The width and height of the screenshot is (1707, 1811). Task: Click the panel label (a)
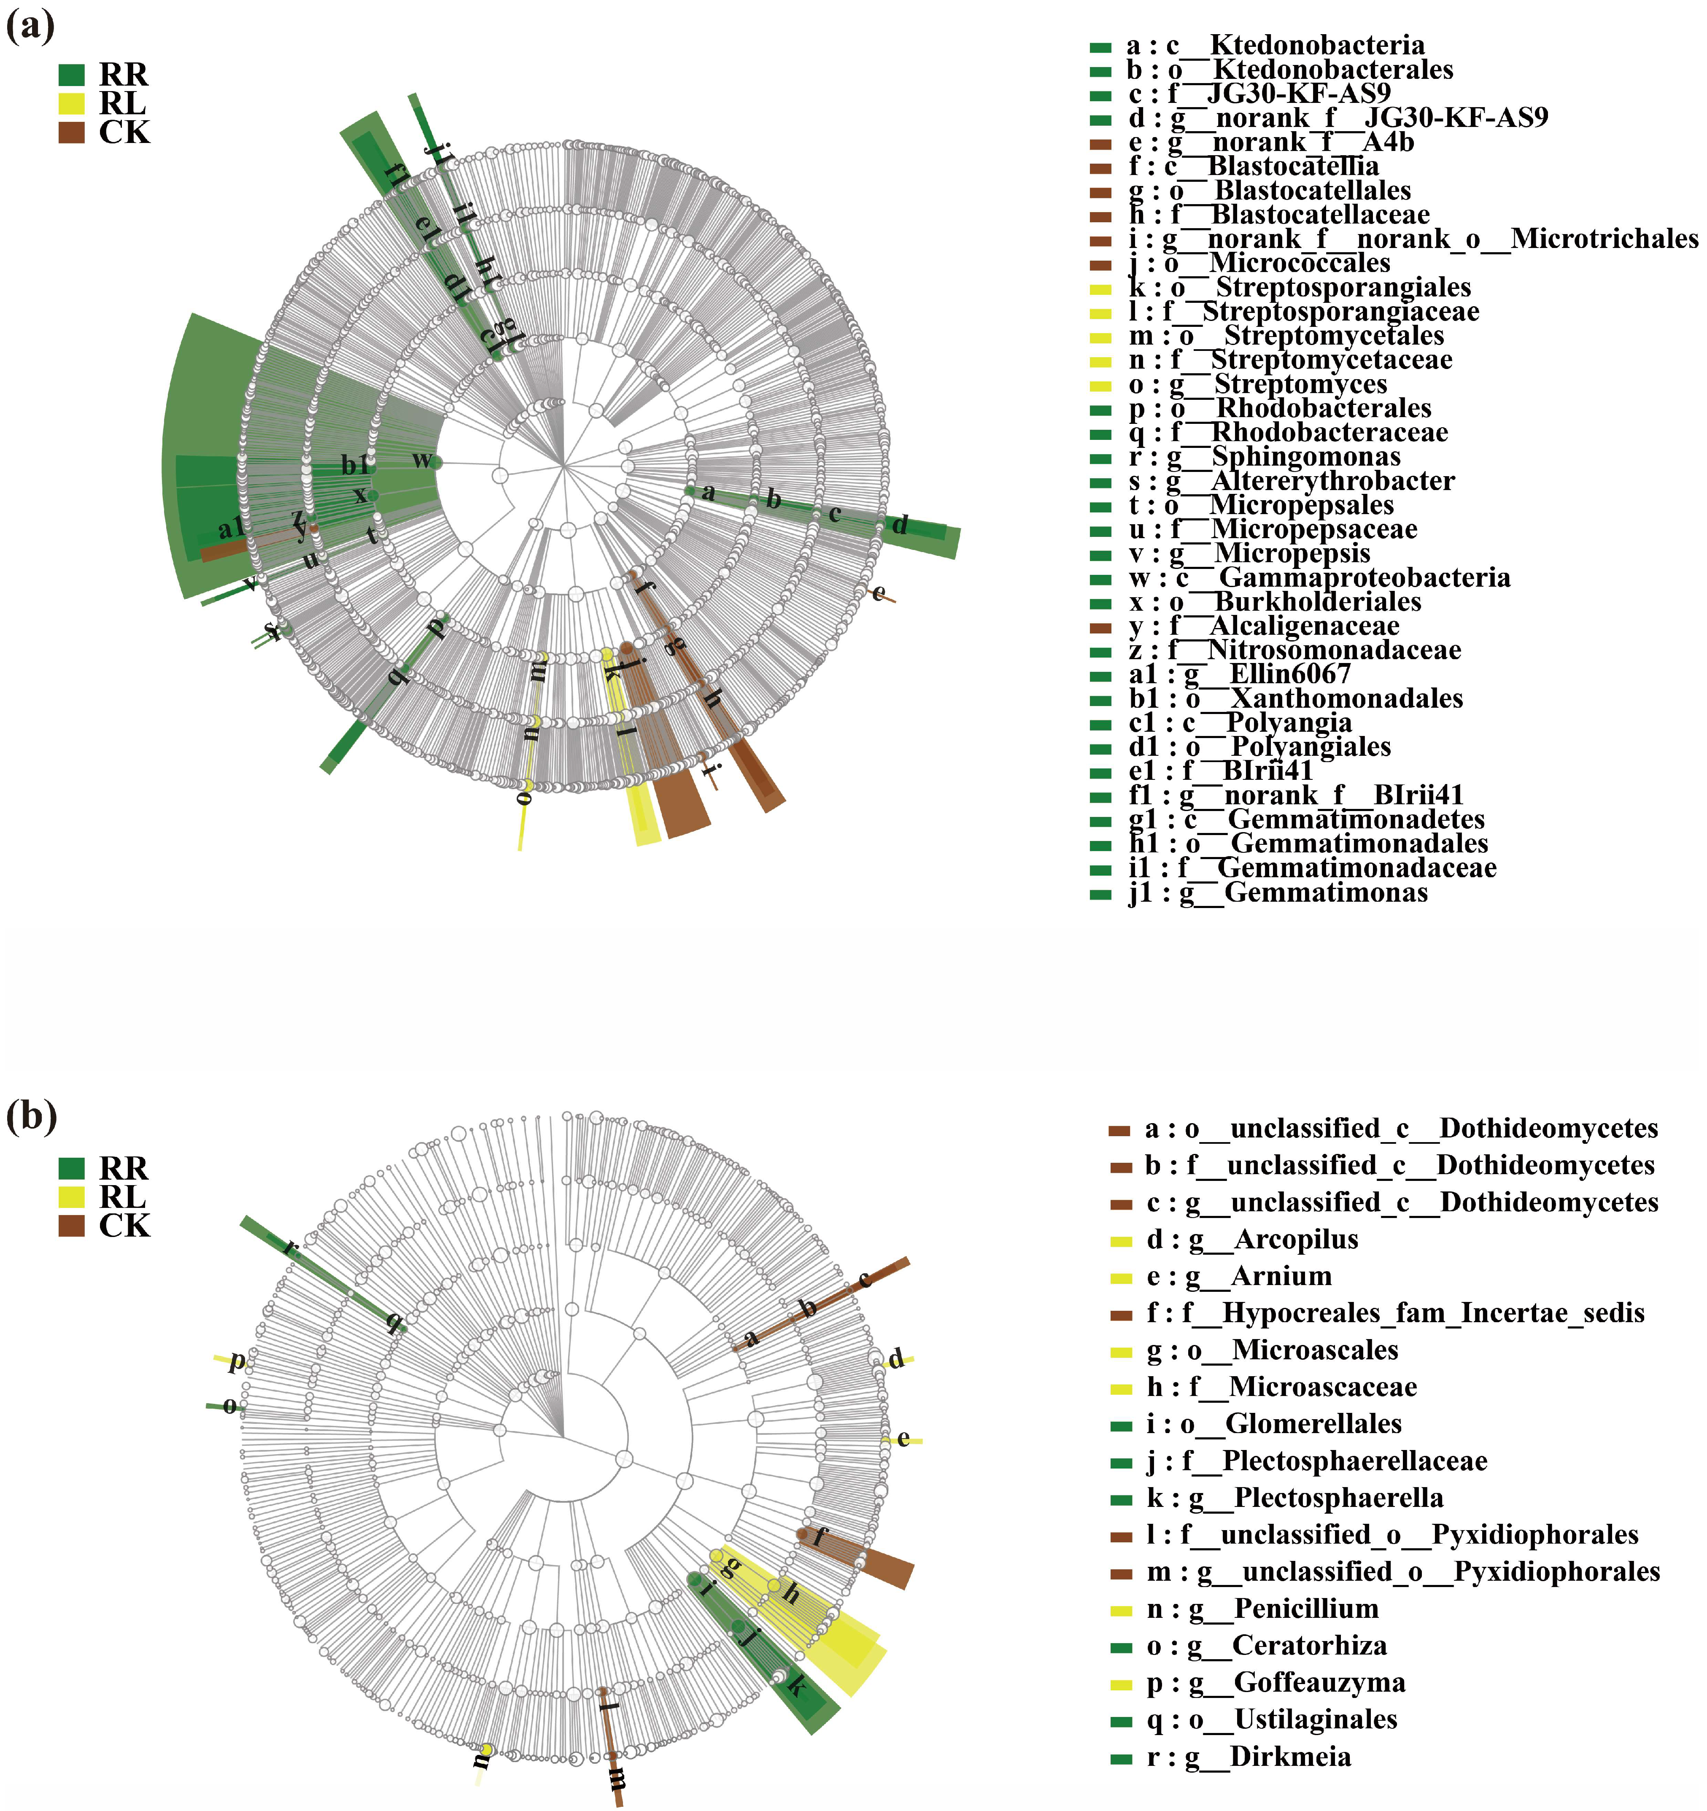coord(30,25)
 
